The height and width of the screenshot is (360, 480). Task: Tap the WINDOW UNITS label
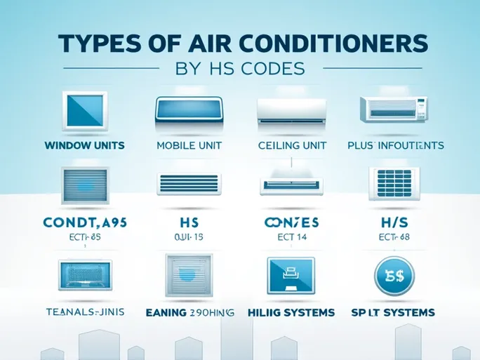coord(84,146)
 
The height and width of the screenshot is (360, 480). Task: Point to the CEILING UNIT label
coord(291,146)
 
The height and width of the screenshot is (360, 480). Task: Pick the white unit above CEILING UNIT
coord(291,111)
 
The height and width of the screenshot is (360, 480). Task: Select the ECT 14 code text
coord(291,236)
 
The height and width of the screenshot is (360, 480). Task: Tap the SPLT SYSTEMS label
coord(394,312)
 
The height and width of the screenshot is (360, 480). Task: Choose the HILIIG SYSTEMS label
coord(291,312)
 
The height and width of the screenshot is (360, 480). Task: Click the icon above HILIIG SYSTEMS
coord(291,275)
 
